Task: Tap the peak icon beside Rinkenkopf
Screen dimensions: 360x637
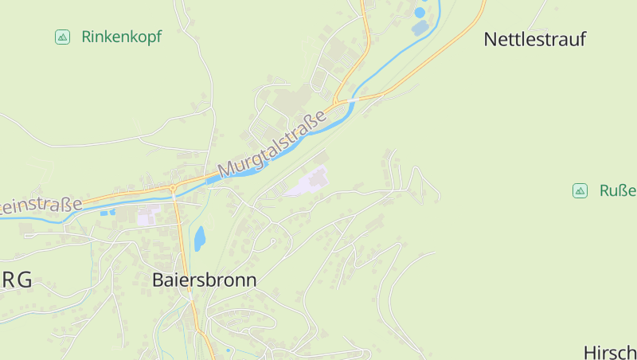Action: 62,37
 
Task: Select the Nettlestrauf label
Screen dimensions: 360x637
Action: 534,39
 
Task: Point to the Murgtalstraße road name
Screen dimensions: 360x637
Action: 273,144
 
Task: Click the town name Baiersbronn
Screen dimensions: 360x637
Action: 204,280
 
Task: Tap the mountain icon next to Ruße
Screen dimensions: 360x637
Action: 580,190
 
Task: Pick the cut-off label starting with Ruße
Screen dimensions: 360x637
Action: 618,190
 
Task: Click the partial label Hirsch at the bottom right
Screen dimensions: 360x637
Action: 610,352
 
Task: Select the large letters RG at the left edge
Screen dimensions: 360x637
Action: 18,280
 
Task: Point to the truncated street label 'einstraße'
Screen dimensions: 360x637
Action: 41,205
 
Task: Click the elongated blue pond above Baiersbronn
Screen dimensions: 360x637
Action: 199,237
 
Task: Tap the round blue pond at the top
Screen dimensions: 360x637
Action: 420,13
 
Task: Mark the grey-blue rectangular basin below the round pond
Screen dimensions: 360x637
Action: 420,29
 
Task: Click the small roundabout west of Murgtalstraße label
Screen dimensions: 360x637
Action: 173,188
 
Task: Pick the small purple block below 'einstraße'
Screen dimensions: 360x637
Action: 148,216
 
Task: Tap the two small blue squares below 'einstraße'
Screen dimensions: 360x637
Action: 107,213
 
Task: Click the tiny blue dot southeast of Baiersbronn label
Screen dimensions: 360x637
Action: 228,350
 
